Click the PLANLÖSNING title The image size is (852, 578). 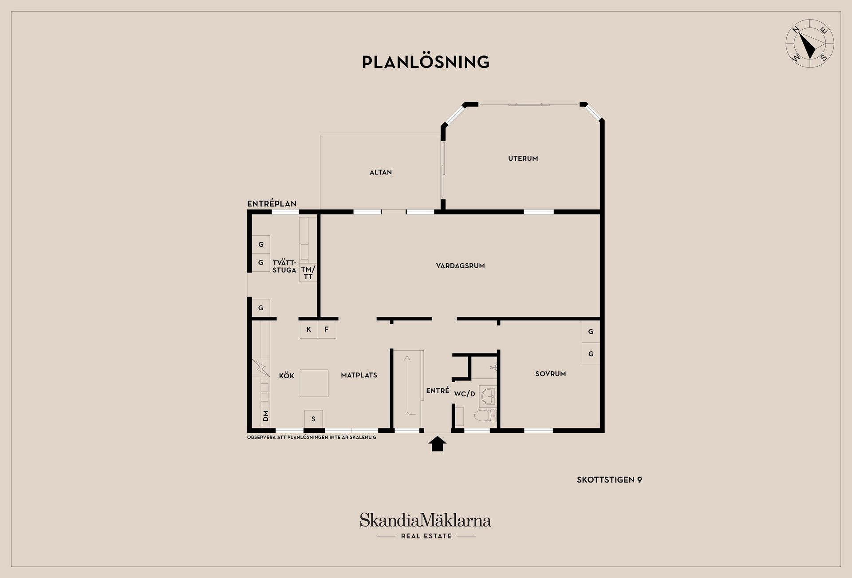pyautogui.click(x=426, y=62)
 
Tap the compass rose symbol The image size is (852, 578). pyautogui.click(x=810, y=44)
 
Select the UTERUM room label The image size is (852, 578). pyautogui.click(x=523, y=158)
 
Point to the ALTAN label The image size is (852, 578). pyautogui.click(x=381, y=172)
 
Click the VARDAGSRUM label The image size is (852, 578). pyautogui.click(x=460, y=266)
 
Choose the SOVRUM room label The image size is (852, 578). pyautogui.click(x=550, y=374)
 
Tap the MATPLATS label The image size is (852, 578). pyautogui.click(x=359, y=375)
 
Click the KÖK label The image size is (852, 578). pyautogui.click(x=287, y=376)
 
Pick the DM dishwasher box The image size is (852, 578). pyautogui.click(x=265, y=416)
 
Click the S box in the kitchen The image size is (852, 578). pyautogui.click(x=313, y=419)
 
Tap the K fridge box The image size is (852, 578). pyautogui.click(x=309, y=329)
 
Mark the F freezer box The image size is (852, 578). pyautogui.click(x=327, y=329)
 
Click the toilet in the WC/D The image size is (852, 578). pyautogui.click(x=485, y=416)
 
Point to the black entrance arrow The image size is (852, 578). pyautogui.click(x=438, y=443)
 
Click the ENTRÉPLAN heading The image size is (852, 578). pyautogui.click(x=272, y=204)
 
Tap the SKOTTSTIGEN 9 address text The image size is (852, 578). pyautogui.click(x=609, y=479)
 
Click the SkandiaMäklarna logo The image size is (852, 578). pyautogui.click(x=426, y=526)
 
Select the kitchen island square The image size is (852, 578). pyautogui.click(x=314, y=383)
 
